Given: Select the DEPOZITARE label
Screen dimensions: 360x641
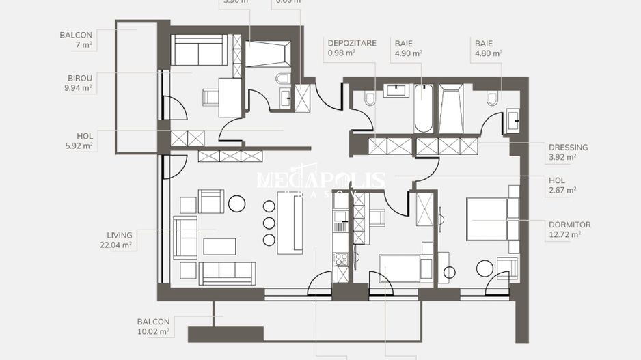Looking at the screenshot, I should pos(351,43).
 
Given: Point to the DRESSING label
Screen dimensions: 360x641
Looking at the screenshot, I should pos(568,147).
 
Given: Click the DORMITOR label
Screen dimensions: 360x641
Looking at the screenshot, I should pos(569,224).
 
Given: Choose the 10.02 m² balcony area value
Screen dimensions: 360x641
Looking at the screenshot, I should pos(153,332).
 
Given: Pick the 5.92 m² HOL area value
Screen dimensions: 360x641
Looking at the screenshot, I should pos(80,146).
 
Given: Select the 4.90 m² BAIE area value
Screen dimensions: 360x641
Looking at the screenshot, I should pos(408,53).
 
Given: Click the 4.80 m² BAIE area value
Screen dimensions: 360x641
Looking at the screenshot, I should pos(489,53).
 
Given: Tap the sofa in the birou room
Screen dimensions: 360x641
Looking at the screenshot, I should pos(198,51).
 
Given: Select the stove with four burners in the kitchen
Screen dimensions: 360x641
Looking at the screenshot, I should pos(340,258).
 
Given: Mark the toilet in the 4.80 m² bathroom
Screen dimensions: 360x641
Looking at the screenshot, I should pos(492,99).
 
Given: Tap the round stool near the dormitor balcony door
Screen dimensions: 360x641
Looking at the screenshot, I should pos(485,268).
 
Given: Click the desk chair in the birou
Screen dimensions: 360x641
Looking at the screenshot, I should pos(210,97).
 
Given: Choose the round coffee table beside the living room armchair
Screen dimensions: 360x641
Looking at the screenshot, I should pos(236,203).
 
